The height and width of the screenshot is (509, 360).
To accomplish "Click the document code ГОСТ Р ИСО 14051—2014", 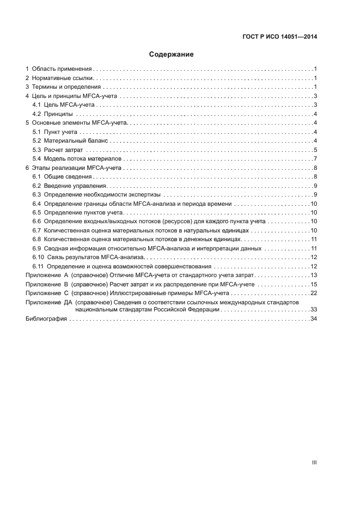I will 279,38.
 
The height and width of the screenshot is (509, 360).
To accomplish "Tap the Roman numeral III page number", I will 314,462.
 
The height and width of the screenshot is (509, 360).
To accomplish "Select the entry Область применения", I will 61,69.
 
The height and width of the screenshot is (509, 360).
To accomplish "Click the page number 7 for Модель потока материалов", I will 315,158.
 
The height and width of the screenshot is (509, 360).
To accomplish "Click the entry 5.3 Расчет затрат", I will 58,150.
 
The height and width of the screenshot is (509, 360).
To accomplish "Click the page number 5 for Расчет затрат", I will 315,150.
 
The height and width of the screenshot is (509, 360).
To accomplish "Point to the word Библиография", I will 46,318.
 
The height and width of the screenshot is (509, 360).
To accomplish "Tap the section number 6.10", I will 38,257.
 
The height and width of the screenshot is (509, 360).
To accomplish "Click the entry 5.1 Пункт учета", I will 56,132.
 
